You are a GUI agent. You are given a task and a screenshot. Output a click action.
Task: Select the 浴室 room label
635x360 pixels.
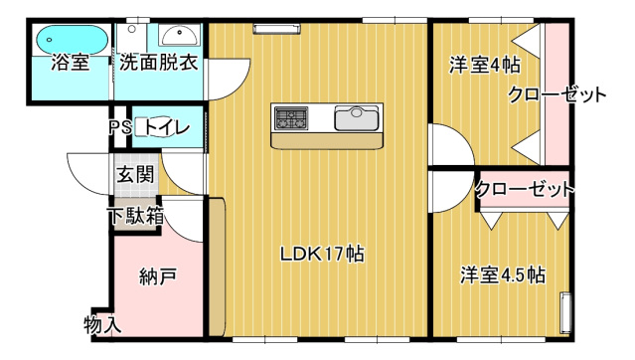[70, 64]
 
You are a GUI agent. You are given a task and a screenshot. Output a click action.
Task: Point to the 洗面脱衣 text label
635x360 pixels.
[159, 64]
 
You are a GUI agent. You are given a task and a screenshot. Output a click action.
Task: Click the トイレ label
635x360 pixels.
[163, 127]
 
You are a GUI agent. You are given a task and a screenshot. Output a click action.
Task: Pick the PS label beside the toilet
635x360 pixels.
[120, 127]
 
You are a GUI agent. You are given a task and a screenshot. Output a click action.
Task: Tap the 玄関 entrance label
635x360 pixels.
[135, 175]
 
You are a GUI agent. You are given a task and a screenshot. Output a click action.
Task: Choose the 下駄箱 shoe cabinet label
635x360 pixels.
[136, 215]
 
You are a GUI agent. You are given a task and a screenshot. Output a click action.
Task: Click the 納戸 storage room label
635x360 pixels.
[157, 274]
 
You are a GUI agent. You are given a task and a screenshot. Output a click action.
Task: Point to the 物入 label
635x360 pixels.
[102, 324]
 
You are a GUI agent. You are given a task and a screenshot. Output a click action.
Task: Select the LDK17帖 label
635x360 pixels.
[321, 254]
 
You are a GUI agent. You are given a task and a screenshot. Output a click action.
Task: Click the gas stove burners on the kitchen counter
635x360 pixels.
[292, 119]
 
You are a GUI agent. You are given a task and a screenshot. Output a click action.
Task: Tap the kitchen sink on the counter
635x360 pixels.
[355, 119]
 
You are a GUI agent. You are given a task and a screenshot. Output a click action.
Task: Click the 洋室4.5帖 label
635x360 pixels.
[502, 274]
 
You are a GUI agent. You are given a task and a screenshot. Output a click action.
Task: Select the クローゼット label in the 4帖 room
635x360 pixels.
[556, 95]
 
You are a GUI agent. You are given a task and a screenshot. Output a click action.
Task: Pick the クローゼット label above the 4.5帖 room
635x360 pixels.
[524, 189]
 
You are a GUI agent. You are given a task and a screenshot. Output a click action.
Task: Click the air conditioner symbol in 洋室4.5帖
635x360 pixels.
[566, 313]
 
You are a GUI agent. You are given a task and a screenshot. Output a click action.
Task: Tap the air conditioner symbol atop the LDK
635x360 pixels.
[269, 29]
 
